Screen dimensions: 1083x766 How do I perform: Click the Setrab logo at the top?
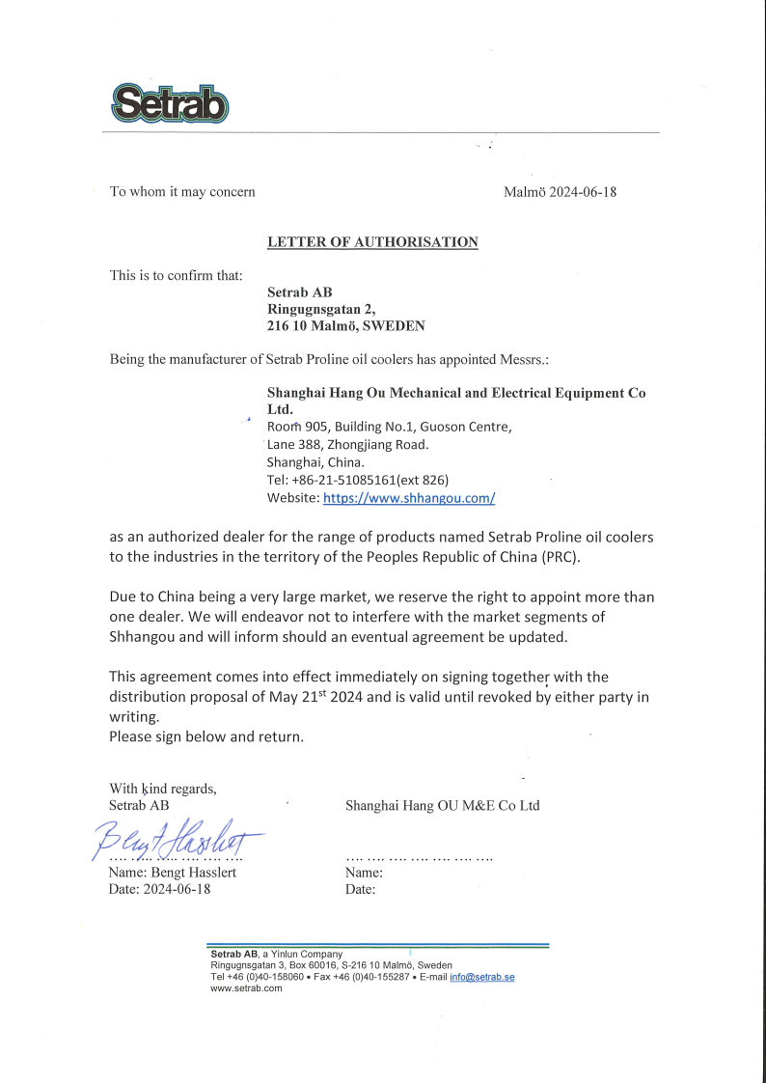[x=169, y=102]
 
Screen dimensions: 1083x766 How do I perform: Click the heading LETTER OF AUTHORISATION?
[x=372, y=242]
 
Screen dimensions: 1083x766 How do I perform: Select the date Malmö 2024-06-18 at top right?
[x=560, y=192]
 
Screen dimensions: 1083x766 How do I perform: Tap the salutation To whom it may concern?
[x=182, y=192]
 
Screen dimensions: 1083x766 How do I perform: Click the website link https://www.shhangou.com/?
[x=409, y=498]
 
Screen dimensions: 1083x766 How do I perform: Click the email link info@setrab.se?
[x=481, y=977]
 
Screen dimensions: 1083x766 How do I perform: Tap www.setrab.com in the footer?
[x=246, y=987]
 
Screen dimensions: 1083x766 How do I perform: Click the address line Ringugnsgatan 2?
[x=320, y=309]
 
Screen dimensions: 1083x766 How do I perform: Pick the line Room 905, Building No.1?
[x=389, y=427]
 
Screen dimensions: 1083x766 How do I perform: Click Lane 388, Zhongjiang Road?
[x=347, y=445]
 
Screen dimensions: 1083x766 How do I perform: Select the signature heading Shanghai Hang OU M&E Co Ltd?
[x=442, y=805]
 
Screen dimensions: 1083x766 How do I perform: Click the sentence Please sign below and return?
[x=206, y=736]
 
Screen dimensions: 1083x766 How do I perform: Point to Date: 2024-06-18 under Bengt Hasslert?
[x=159, y=889]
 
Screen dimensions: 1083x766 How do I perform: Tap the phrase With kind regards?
[x=163, y=789]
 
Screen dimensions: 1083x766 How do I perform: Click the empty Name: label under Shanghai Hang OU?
[x=364, y=873]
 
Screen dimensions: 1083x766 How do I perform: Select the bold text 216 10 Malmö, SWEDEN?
[x=345, y=326]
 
